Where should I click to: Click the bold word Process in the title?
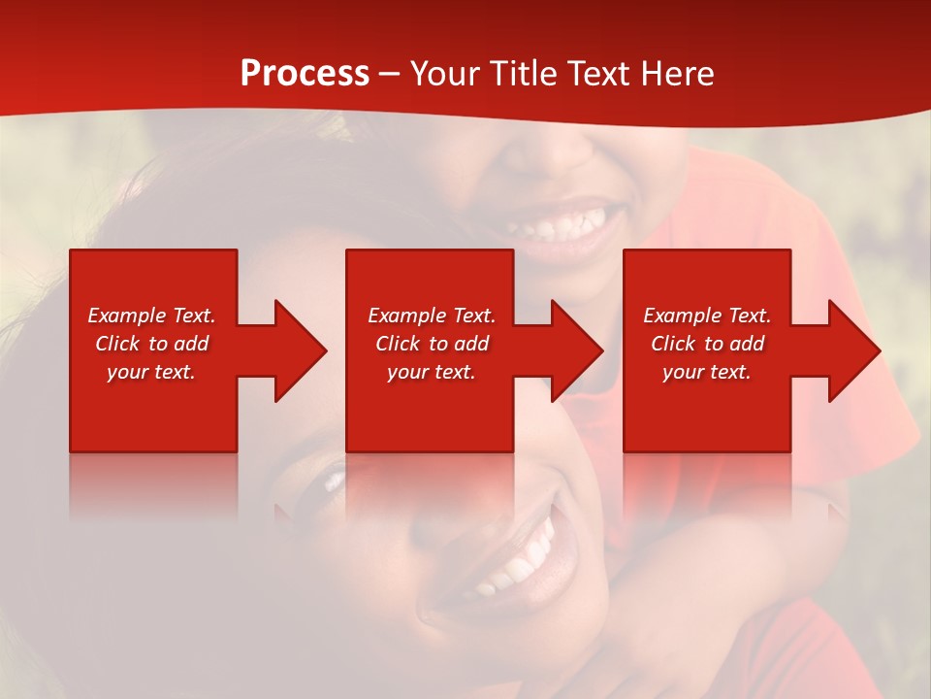305,74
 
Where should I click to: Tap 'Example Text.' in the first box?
151,316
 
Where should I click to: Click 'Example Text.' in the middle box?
431,316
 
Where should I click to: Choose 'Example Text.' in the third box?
707,316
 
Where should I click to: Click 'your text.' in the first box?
151,372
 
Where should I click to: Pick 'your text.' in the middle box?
431,372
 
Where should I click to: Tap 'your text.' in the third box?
707,372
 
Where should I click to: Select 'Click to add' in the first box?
151,344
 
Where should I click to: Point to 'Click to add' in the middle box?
431,344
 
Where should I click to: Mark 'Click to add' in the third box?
707,344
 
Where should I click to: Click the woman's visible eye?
335,479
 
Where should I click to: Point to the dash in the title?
389,75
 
